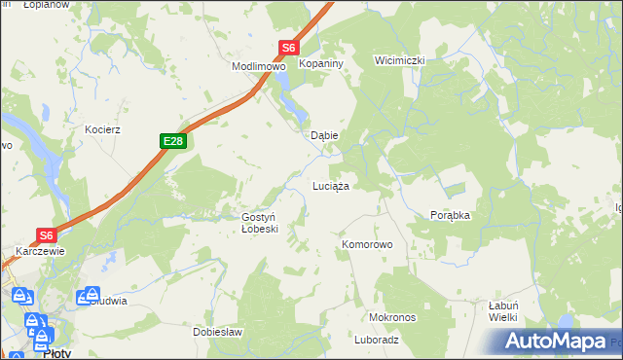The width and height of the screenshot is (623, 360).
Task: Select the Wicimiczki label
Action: [400, 60]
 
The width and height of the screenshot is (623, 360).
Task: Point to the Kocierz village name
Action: [102, 129]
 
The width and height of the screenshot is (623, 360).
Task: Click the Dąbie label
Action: [323, 136]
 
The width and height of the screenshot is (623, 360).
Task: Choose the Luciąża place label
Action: [330, 185]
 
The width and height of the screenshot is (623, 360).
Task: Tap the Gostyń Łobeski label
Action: [260, 223]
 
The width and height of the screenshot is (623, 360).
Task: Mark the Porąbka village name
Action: [450, 216]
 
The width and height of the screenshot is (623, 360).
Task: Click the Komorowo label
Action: [366, 244]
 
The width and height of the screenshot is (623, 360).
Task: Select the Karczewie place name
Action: [40, 251]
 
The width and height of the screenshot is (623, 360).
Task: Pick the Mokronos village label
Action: [392, 318]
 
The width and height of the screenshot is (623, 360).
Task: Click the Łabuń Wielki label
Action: [502, 310]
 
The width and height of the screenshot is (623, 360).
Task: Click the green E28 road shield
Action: [173, 142]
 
